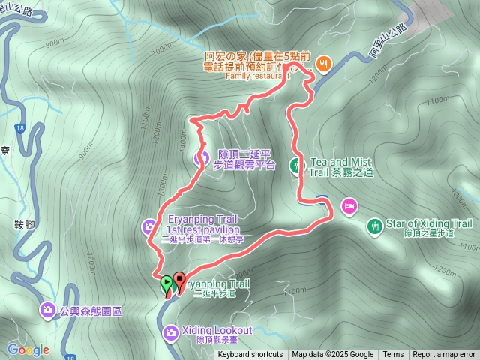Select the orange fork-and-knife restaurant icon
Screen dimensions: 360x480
[x=324, y=64]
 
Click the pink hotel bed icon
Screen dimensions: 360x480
[x=349, y=205]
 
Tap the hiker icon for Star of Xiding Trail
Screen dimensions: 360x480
[x=374, y=224]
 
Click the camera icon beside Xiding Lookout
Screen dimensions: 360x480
[x=170, y=331]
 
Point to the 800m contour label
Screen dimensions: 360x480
[x=55, y=44]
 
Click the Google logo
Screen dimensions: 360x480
[x=28, y=349]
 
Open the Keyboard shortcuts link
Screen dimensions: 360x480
[x=250, y=355]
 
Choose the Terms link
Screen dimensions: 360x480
[x=393, y=355]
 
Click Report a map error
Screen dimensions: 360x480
[x=444, y=355]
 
